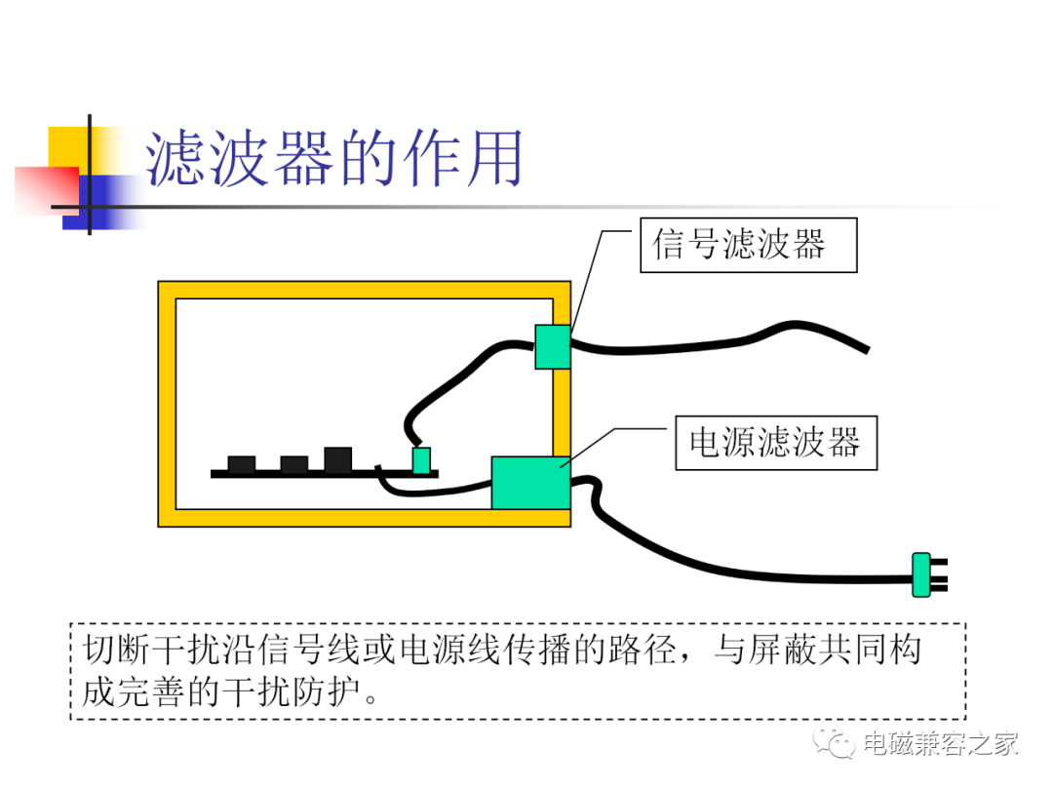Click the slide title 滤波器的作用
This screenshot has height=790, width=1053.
pos(333,159)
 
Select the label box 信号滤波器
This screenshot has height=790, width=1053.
pos(748,245)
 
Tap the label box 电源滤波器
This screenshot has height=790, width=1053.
pos(776,442)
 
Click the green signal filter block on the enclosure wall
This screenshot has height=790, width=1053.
pos(553,346)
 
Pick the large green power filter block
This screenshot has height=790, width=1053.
pos(530,483)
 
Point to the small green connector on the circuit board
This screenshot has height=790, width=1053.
pos(421,460)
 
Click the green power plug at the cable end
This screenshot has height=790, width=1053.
pos(921,574)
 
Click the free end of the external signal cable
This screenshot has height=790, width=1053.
pos(867,349)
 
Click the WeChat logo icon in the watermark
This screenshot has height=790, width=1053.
pos(834,741)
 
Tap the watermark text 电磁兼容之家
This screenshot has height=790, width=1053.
pos(941,743)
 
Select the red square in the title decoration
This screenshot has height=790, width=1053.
pos(47,191)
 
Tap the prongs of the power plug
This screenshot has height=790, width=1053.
pos(939,575)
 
